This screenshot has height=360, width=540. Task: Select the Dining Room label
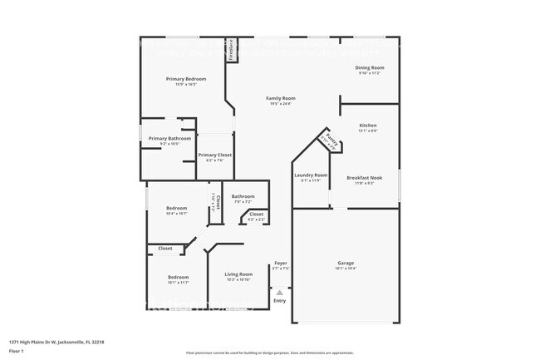[x=371, y=67]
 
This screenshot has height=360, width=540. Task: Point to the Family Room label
[x=281, y=98]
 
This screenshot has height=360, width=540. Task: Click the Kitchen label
[x=368, y=126]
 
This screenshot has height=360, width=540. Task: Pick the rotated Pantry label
[x=330, y=141]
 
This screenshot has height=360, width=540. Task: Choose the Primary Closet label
[x=214, y=155]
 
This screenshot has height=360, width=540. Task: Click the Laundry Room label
[x=311, y=175]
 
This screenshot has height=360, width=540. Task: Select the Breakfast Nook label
[x=364, y=177]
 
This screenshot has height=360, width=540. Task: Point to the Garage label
[x=346, y=263]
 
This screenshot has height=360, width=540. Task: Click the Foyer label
[x=281, y=263]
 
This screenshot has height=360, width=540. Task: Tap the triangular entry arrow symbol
[x=280, y=293]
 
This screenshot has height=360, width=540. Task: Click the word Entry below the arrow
[x=280, y=300]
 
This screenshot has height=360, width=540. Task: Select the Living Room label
[x=238, y=274]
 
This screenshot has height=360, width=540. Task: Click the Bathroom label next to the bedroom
[x=243, y=196]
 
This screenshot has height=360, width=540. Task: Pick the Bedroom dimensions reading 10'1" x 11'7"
[x=178, y=283]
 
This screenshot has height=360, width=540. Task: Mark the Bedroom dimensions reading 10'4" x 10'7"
[x=176, y=214]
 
